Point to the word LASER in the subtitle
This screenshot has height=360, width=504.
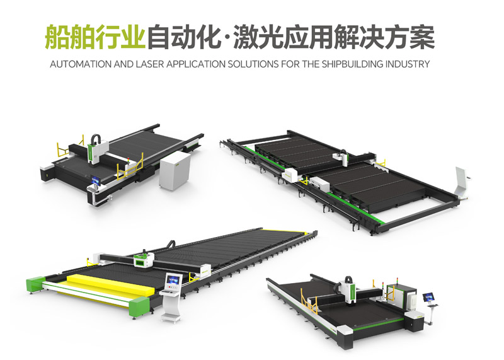click(149, 64)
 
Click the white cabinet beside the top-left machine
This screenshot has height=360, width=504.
click(175, 170)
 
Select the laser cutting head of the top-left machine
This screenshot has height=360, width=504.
click(98, 149)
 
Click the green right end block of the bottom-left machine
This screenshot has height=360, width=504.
click(139, 306)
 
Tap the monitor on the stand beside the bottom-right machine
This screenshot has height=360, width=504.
click(428, 298)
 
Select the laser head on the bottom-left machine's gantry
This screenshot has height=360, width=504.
click(144, 259)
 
